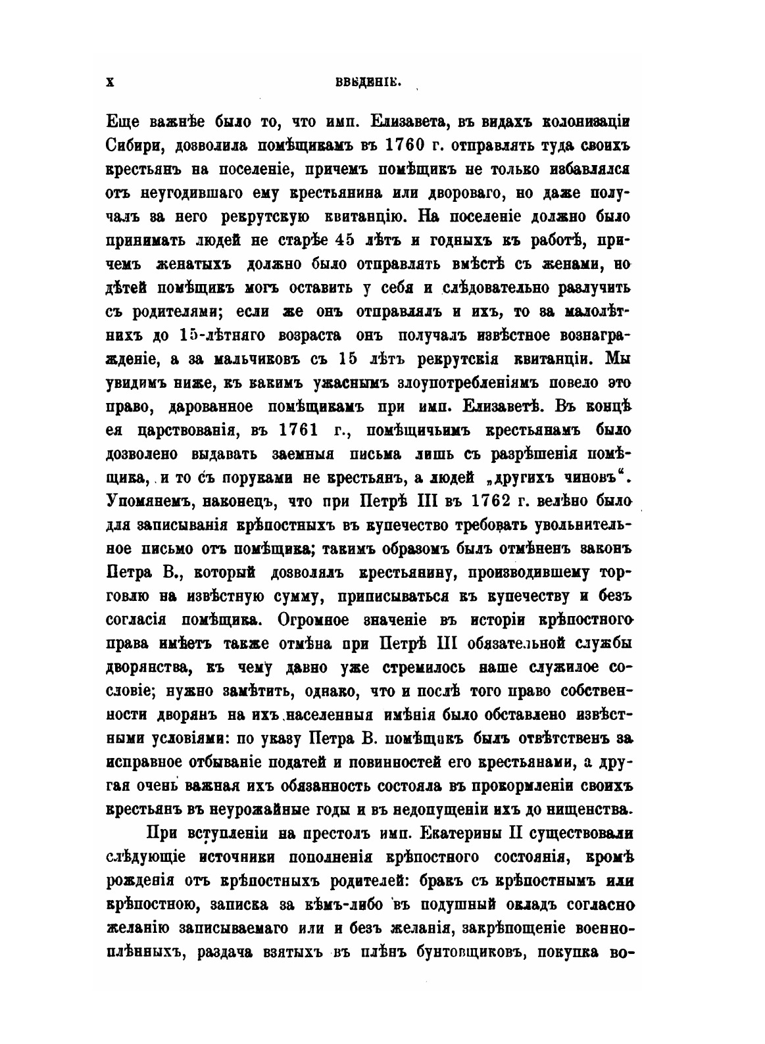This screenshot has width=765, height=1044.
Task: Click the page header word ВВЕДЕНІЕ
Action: pyautogui.click(x=372, y=82)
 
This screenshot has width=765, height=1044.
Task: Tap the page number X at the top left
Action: pyautogui.click(x=111, y=81)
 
